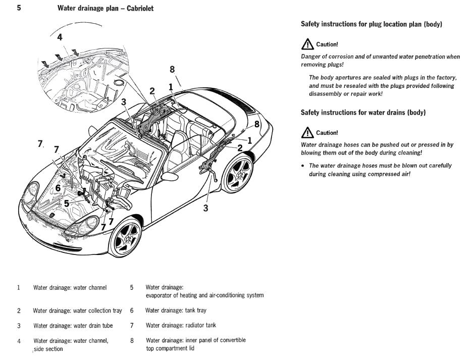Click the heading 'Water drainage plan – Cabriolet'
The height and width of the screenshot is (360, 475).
(105, 9)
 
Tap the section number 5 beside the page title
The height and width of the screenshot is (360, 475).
(19, 8)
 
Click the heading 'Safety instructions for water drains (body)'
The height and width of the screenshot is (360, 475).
(363, 112)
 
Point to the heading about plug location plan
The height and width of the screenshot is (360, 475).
(371, 24)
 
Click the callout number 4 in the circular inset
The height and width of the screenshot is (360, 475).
(60, 37)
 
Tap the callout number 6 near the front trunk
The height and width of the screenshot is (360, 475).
(58, 188)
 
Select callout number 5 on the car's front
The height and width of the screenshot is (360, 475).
(66, 203)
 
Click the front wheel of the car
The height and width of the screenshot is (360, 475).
(125, 237)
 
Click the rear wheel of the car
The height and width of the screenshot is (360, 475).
(238, 173)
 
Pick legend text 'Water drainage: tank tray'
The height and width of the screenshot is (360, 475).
(176, 311)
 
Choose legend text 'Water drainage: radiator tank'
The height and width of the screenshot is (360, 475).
(181, 325)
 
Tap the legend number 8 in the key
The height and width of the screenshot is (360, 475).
(132, 340)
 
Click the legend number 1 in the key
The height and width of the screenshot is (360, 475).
(19, 288)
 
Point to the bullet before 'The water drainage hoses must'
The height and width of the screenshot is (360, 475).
(303, 166)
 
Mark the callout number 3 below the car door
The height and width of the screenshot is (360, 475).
(205, 208)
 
